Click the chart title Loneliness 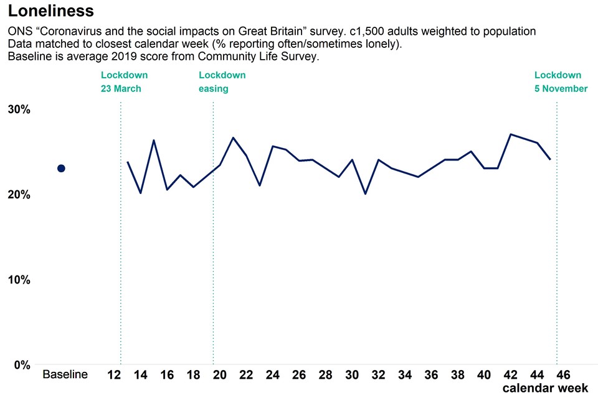tap(51, 11)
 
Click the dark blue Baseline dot tap(61, 169)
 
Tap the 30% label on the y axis tap(19, 109)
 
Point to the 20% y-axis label tap(19, 195)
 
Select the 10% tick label tap(19, 280)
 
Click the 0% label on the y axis tap(22, 365)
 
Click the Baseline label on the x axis tap(65, 375)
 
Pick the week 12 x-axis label tap(114, 375)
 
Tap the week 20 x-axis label tap(220, 375)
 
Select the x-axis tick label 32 tap(378, 375)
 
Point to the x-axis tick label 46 tap(563, 375)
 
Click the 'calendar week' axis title tap(546, 388)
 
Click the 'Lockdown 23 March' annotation tap(124, 82)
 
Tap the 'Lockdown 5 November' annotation tap(561, 82)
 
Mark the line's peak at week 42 tap(511, 134)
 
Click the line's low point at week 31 tap(365, 194)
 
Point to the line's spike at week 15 tap(154, 141)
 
